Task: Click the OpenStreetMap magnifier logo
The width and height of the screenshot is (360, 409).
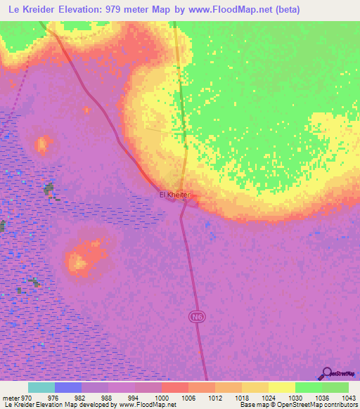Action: pos(326,374)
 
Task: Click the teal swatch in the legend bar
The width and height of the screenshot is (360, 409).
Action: pos(41,387)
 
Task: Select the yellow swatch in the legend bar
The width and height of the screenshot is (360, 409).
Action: pos(281,387)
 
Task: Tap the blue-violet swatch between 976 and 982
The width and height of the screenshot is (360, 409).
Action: pos(68,387)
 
